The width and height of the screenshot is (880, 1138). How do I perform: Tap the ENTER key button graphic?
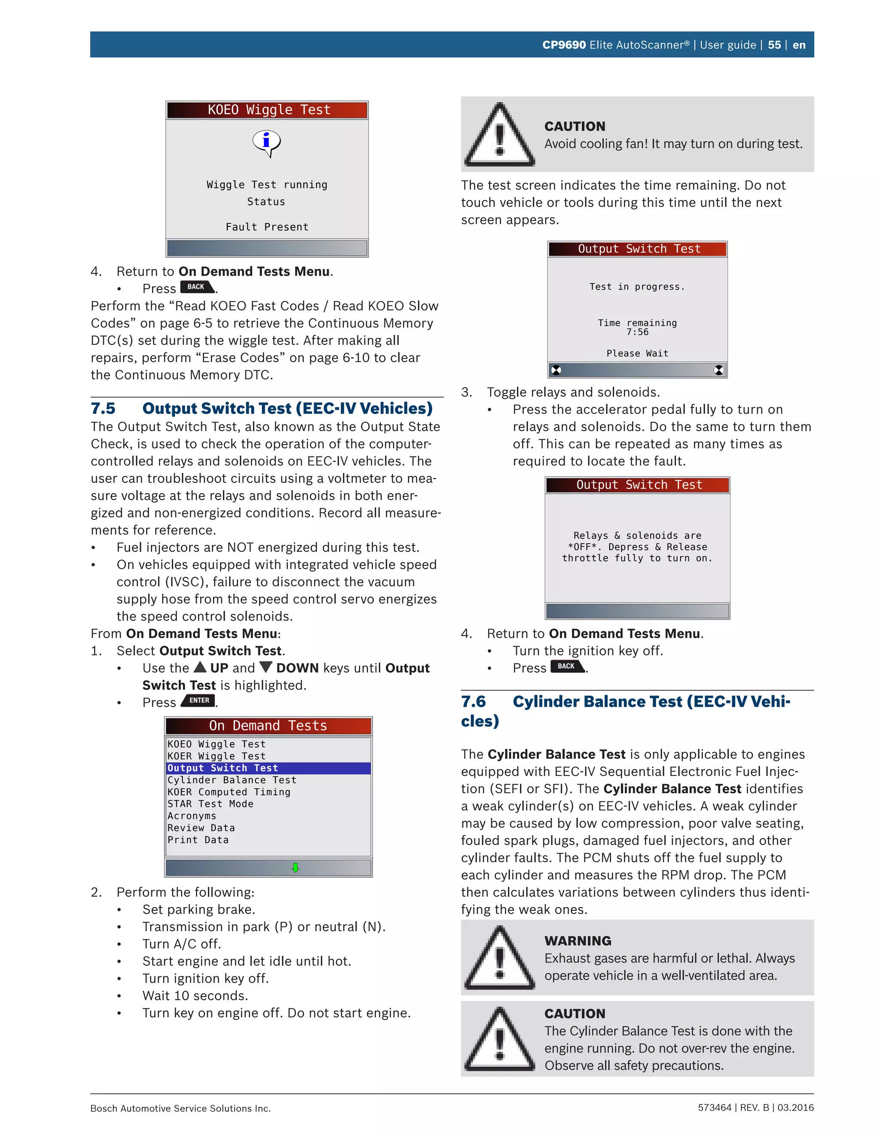[x=199, y=701]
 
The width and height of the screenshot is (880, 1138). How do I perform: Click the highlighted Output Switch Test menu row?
[x=268, y=768]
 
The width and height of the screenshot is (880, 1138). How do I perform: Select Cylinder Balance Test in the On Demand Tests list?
[x=232, y=780]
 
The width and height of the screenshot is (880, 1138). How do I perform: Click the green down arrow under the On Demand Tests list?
[x=295, y=867]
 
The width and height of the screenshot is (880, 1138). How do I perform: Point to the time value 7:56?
[x=637, y=332]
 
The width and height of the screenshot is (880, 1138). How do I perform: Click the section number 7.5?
[x=103, y=408]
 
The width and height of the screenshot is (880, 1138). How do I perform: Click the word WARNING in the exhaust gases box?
[x=577, y=941]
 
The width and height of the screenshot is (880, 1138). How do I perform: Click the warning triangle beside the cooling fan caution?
[x=499, y=135]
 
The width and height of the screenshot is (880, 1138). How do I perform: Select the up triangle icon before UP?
[x=200, y=667]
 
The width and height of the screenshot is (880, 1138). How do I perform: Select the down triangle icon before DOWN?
[x=266, y=667]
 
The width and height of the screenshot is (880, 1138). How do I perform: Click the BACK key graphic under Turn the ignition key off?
[x=567, y=666]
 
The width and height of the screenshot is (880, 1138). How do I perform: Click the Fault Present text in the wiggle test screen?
[x=267, y=227]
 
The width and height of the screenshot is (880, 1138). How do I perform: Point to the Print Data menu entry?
[x=198, y=840]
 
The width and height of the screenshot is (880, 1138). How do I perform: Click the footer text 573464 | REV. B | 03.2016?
[x=755, y=1108]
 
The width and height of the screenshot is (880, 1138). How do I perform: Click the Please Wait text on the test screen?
[x=637, y=353]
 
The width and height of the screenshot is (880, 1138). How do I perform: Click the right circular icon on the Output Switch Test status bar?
[x=718, y=370]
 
